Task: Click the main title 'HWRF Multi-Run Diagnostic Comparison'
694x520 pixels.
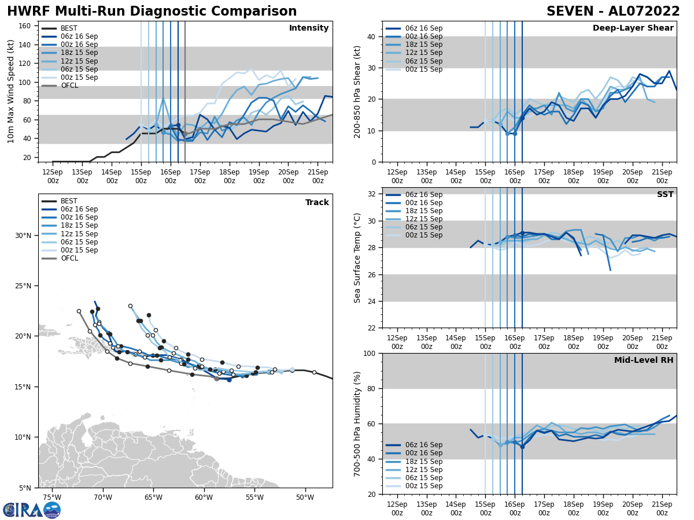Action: (x=152, y=12)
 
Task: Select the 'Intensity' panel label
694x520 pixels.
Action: (x=309, y=28)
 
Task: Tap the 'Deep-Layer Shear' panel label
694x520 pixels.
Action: (x=633, y=28)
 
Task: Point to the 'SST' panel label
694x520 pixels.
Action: (x=665, y=195)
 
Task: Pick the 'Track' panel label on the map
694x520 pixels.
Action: (x=317, y=203)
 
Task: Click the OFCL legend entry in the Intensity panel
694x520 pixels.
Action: (x=69, y=86)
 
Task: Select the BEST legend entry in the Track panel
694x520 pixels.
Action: (x=69, y=201)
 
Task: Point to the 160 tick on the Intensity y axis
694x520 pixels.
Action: (x=26, y=25)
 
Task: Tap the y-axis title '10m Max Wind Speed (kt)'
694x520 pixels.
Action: (x=11, y=91)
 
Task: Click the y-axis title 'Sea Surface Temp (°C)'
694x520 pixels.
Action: (x=358, y=258)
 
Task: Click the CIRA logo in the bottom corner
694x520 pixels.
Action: (x=32, y=510)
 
